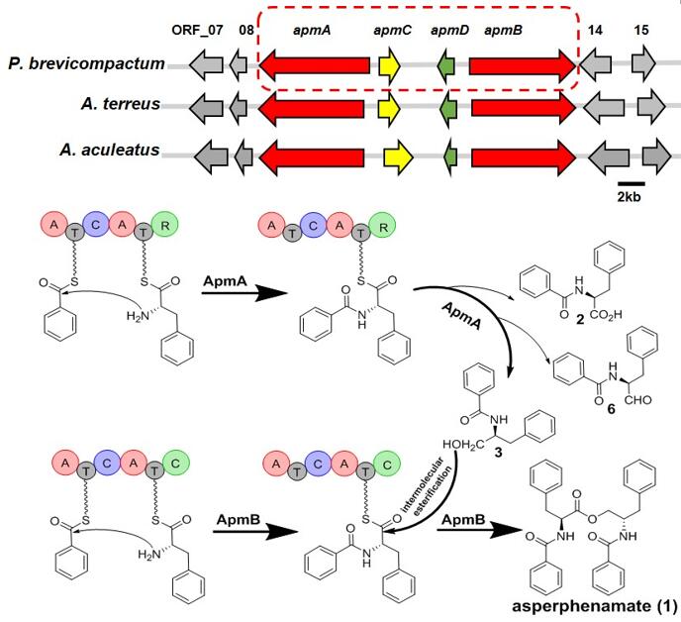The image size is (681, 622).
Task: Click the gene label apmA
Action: pos(312,31)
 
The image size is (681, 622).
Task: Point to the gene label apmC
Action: pos(393,31)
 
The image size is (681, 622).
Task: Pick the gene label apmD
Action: pos(450,31)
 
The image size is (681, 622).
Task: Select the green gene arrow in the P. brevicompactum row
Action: pos(446,66)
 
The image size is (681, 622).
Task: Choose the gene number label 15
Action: pos(642,31)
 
